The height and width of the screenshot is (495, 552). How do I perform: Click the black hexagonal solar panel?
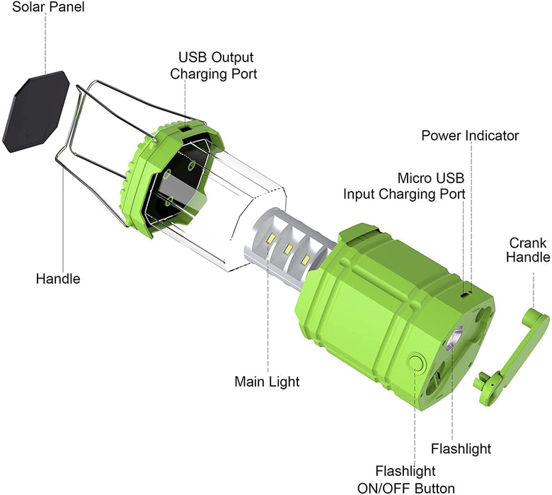pos(35,113)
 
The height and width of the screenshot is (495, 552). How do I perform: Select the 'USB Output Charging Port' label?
pos(216,65)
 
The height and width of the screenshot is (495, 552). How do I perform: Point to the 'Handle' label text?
pos(58,279)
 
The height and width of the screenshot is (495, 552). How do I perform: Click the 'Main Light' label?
pos(267,382)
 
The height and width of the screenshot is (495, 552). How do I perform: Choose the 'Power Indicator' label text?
pos(470,135)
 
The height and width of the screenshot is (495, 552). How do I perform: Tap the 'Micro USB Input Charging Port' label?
pos(405,185)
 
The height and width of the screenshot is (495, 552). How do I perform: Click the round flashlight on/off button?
pos(415,363)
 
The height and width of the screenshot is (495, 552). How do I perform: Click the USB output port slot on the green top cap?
pos(184,129)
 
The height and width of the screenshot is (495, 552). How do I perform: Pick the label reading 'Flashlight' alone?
pos(461,448)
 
